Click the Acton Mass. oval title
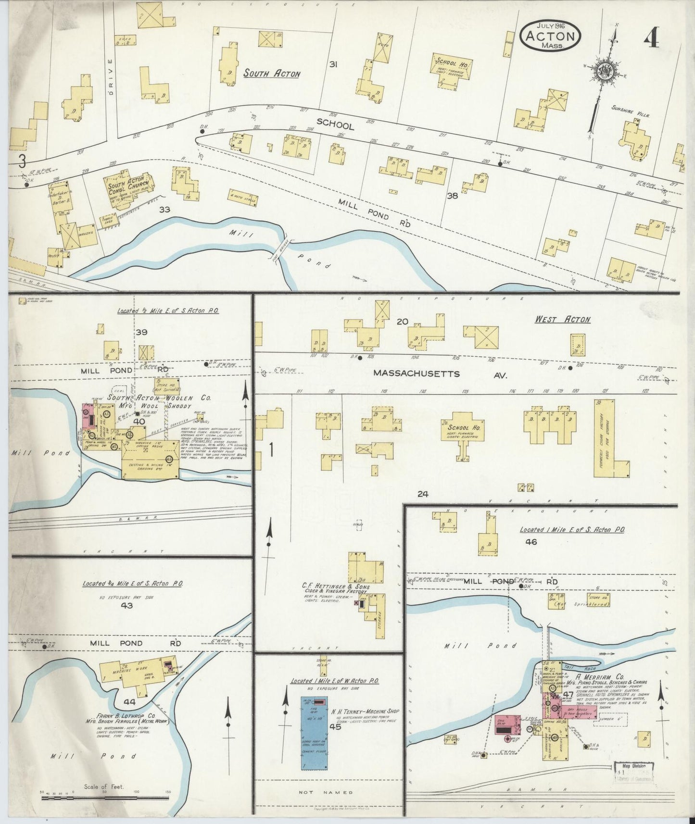point(550,36)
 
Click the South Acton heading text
point(271,74)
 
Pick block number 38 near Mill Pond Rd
point(452,196)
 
